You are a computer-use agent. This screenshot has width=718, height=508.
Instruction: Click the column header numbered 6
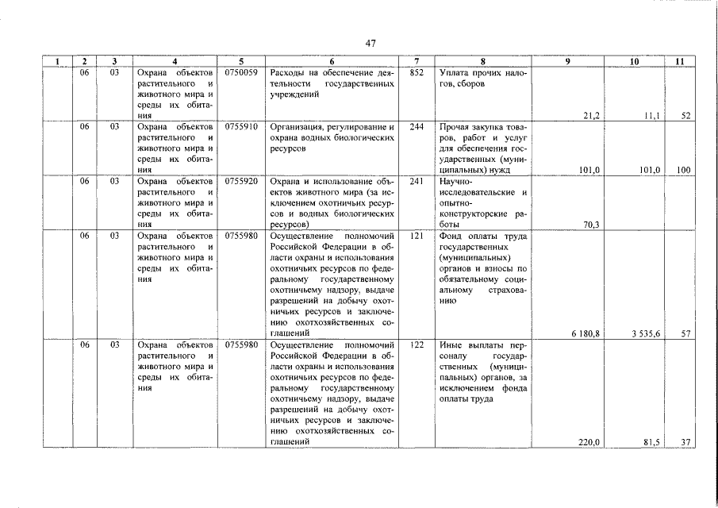click(x=332, y=61)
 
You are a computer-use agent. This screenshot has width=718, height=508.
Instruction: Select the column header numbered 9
click(x=566, y=61)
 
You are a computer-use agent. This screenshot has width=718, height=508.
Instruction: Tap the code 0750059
click(x=241, y=72)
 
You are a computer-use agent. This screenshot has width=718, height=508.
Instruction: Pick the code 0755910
click(x=241, y=127)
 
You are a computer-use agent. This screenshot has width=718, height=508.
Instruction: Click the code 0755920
click(x=241, y=181)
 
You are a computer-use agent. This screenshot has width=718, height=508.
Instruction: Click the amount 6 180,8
click(x=585, y=333)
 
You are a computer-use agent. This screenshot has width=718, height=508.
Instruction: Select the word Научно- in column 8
click(x=455, y=181)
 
